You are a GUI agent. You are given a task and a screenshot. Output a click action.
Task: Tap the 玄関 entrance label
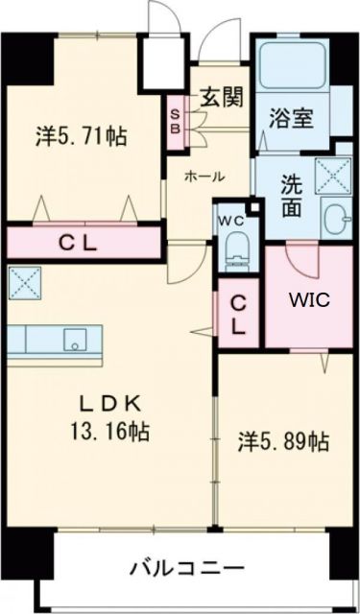[221, 97]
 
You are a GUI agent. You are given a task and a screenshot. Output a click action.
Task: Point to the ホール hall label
[204, 176]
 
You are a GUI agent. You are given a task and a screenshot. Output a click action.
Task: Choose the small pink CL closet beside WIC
[237, 314]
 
